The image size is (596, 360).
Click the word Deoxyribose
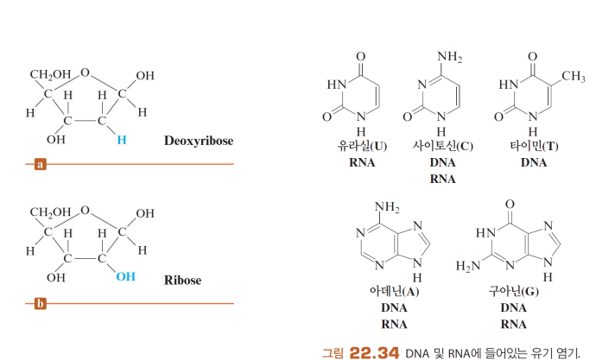(199, 141)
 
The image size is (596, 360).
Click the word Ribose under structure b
(182, 281)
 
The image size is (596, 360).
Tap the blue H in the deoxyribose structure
(122, 138)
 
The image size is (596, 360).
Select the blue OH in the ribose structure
(125, 277)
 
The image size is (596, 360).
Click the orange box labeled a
(40, 163)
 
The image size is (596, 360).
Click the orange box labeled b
(40, 303)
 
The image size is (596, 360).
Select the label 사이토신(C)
(442, 146)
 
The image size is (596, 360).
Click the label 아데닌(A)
(392, 292)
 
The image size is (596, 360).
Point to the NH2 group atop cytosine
(449, 57)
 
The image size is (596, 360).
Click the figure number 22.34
(376, 351)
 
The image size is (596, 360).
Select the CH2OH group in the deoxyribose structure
(51, 74)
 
